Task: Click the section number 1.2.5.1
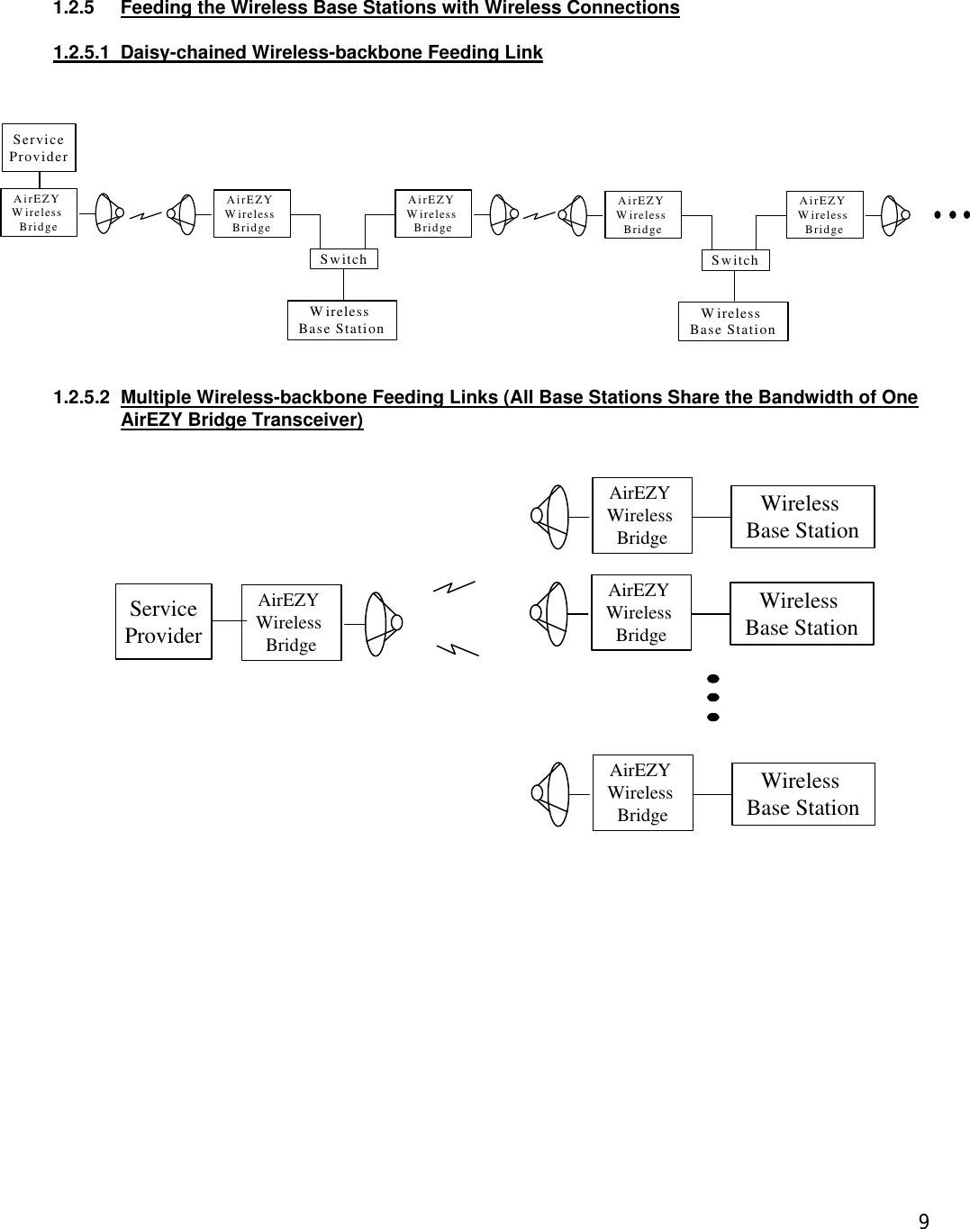(x=83, y=53)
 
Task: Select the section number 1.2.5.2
(x=83, y=397)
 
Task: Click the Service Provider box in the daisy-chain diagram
(x=39, y=148)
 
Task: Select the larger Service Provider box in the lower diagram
(x=163, y=622)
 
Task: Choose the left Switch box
(x=343, y=259)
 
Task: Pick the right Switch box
(x=735, y=260)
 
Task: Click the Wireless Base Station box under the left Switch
(x=341, y=321)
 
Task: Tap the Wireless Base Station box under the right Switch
(x=732, y=321)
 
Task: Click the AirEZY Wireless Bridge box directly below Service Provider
(x=38, y=212)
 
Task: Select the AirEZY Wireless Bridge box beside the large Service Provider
(x=291, y=622)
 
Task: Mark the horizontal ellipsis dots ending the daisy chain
(x=951, y=215)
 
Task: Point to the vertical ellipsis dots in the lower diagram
(x=712, y=697)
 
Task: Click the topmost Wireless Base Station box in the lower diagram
(x=802, y=517)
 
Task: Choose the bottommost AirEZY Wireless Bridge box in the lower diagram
(x=642, y=792)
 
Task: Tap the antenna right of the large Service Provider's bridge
(x=382, y=622)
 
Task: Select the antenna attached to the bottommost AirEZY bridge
(x=551, y=793)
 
